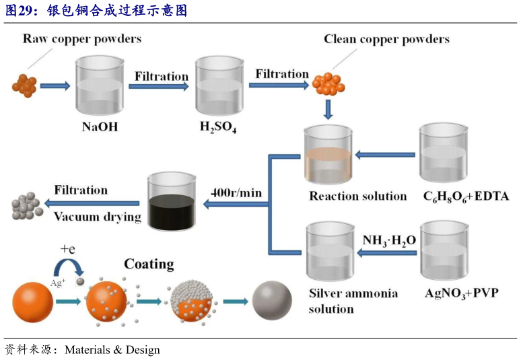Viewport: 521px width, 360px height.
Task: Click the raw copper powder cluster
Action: [24, 85]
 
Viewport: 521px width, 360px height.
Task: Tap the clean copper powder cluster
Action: [328, 83]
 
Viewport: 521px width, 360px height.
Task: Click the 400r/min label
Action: [236, 193]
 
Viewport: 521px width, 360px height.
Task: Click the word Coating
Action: [149, 264]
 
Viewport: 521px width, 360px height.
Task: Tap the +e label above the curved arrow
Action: [68, 249]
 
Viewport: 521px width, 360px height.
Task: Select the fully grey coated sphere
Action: [272, 301]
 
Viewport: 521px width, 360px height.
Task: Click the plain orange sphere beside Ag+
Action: [32, 301]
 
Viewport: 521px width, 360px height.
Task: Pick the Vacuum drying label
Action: [98, 217]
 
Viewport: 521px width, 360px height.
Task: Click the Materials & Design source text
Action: [112, 350]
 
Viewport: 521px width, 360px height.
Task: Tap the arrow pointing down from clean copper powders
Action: [328, 108]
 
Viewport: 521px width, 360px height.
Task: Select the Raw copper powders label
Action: [82, 38]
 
